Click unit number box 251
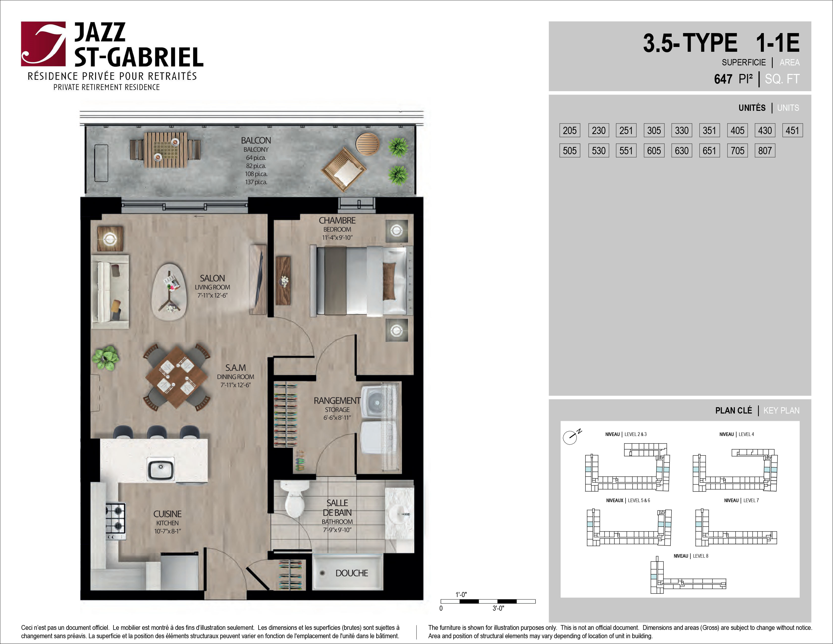click(x=626, y=131)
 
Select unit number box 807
click(x=765, y=151)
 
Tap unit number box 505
click(x=570, y=151)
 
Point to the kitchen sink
click(x=160, y=469)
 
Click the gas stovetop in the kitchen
click(x=116, y=518)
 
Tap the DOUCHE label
click(x=352, y=573)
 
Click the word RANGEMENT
click(x=337, y=401)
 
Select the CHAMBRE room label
click(x=337, y=221)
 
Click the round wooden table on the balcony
click(x=368, y=144)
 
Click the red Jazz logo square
click(x=43, y=44)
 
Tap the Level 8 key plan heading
click(x=691, y=556)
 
